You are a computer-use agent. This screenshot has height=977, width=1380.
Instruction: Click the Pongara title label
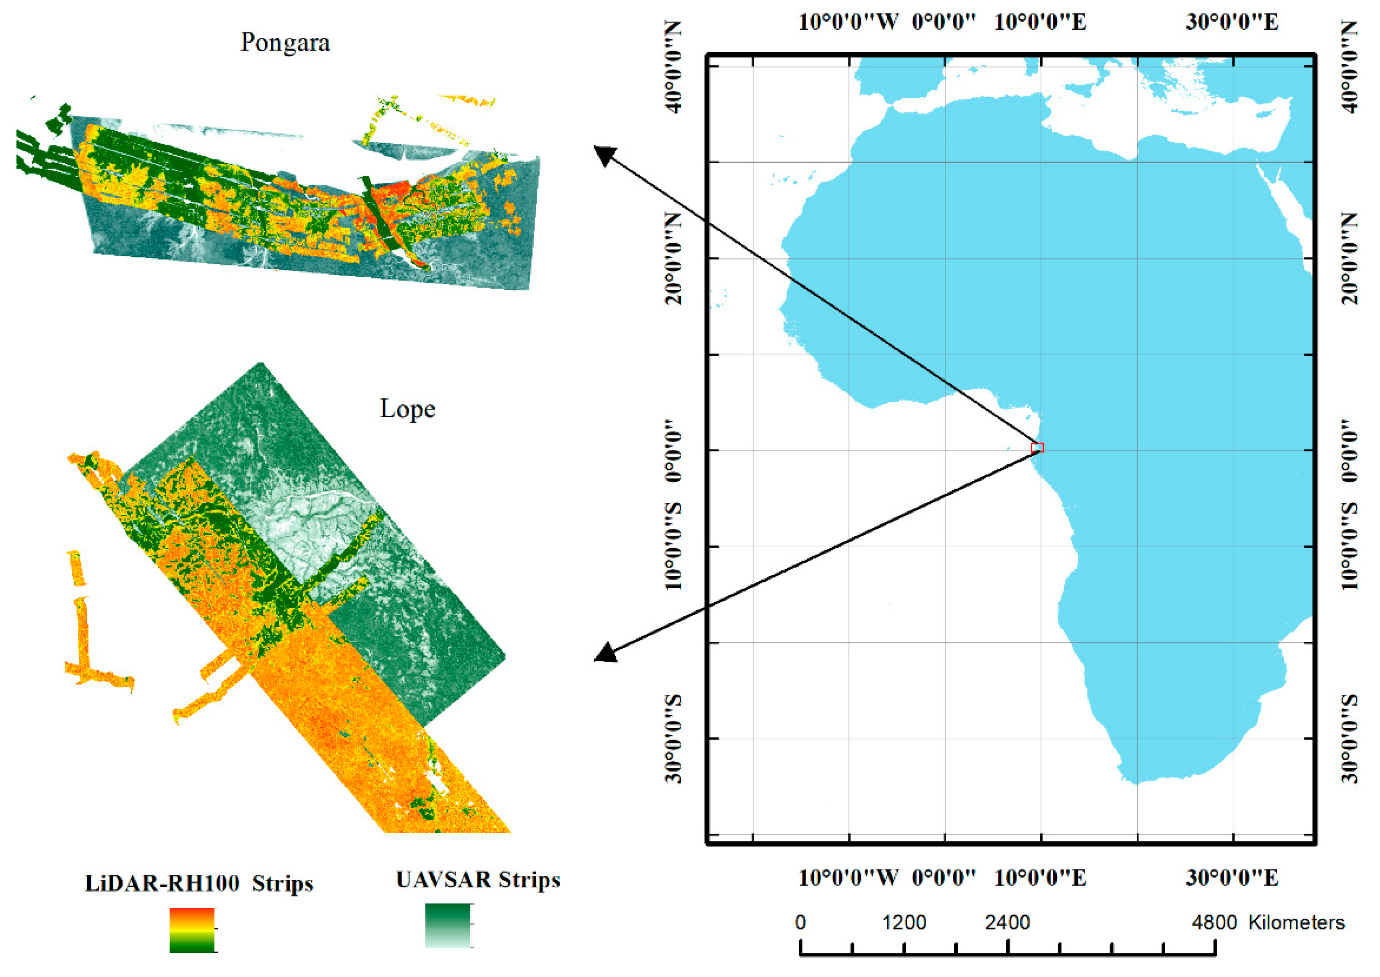click(x=285, y=43)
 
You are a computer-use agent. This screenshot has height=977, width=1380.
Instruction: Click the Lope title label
click(x=408, y=409)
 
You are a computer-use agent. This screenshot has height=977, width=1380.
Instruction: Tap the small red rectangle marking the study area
click(x=1037, y=447)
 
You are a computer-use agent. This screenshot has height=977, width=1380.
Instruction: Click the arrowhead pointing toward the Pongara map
click(x=604, y=155)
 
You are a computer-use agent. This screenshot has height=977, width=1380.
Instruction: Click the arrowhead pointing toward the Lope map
click(x=604, y=653)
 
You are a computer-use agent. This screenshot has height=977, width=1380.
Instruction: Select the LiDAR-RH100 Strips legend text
click(x=199, y=883)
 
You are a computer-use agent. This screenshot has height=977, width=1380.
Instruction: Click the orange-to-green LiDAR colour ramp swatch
click(x=192, y=929)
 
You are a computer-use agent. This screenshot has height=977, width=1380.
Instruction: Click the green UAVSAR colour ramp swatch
click(x=447, y=925)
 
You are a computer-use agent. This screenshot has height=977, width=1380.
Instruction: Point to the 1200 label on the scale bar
click(x=904, y=922)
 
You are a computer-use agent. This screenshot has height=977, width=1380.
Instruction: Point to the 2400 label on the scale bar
click(x=1007, y=922)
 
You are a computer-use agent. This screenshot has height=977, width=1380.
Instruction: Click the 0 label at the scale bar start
click(x=800, y=922)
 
